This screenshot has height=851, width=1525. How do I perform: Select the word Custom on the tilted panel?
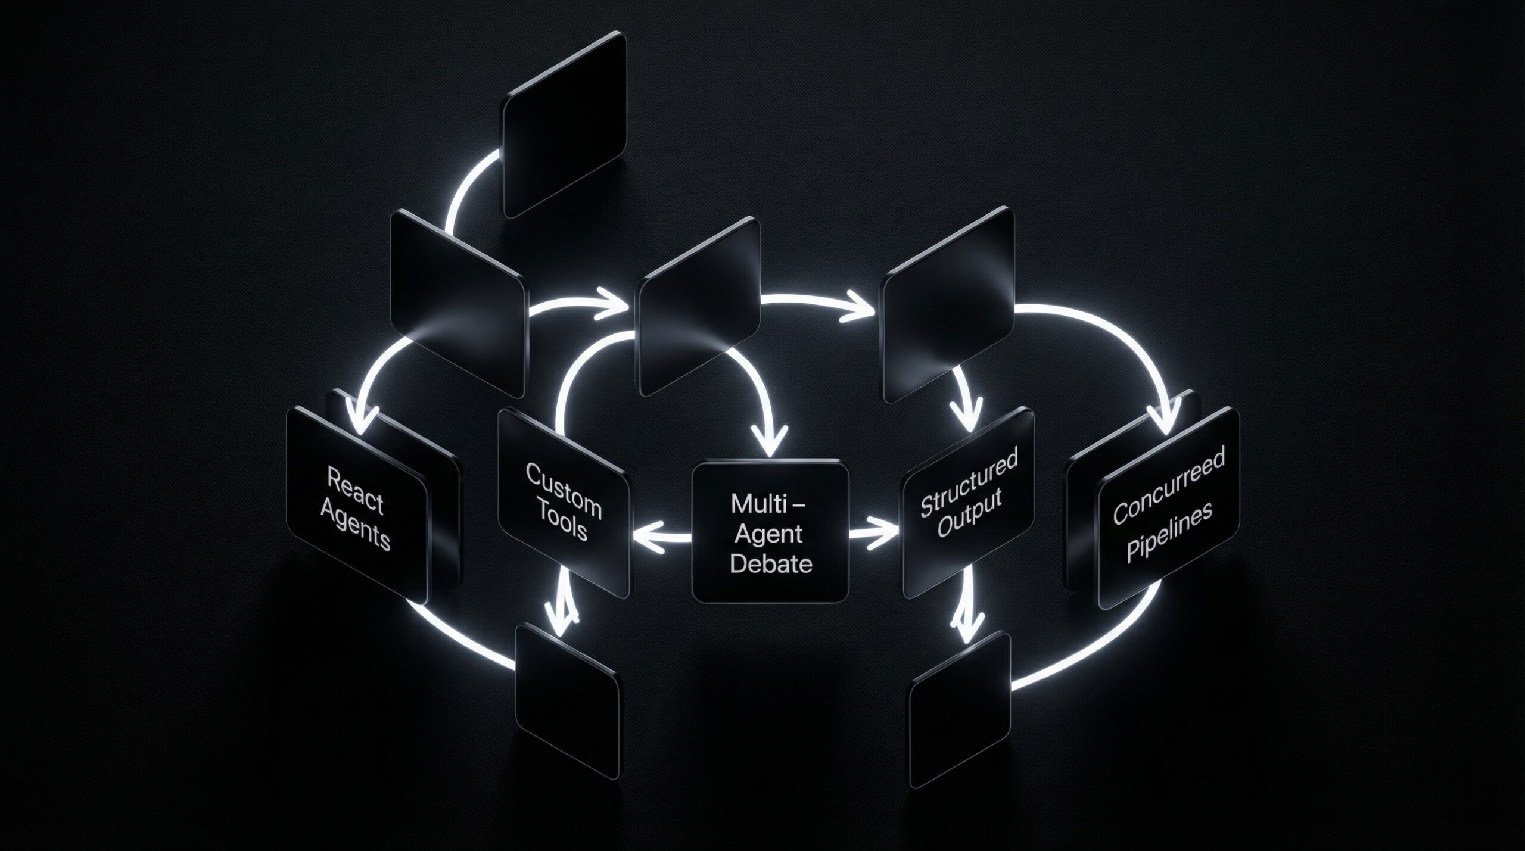(x=563, y=488)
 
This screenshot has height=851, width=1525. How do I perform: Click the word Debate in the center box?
(x=771, y=563)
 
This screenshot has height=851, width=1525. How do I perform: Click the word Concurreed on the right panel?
(x=1168, y=485)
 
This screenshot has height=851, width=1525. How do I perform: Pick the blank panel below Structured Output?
(x=960, y=708)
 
